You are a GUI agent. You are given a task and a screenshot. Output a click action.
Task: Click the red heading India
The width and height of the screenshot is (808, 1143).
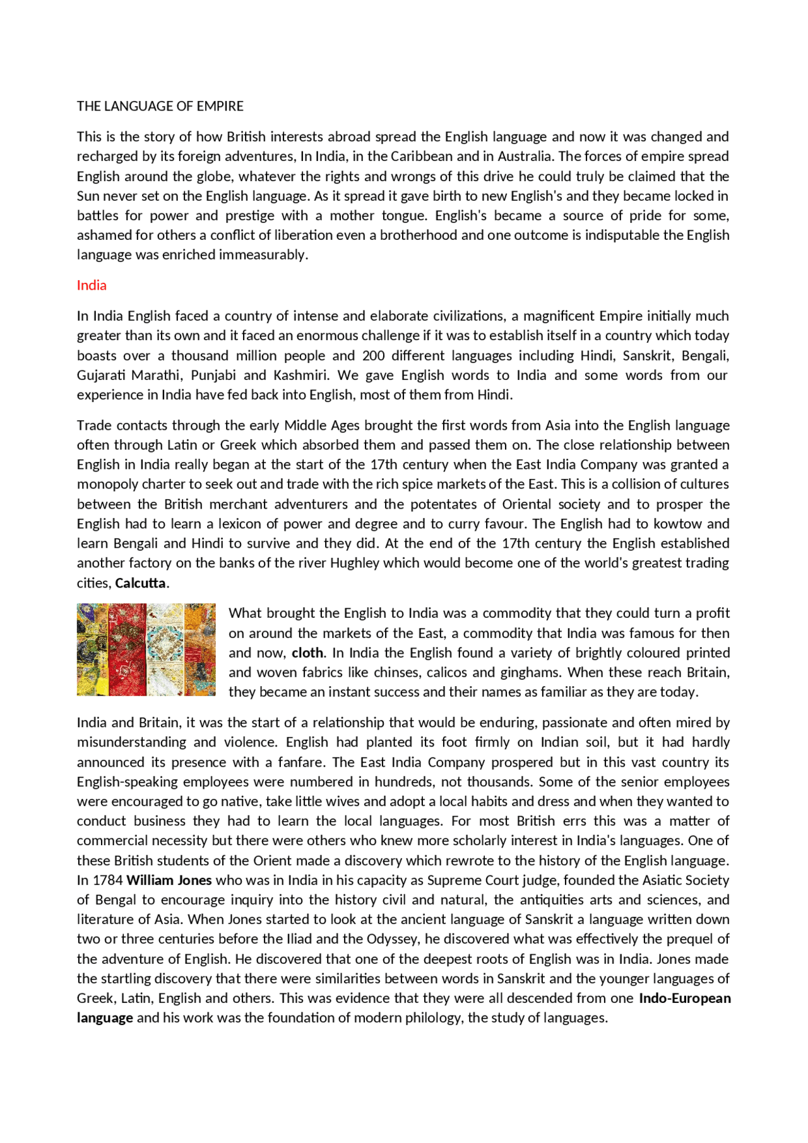(92, 285)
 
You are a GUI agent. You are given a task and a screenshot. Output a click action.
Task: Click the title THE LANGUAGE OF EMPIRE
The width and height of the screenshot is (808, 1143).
(160, 106)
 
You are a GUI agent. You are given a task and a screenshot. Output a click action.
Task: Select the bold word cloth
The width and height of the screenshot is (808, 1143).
(307, 653)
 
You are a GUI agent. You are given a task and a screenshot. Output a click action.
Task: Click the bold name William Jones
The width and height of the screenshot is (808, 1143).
(169, 880)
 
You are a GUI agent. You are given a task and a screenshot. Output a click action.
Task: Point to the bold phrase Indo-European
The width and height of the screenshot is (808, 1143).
(685, 998)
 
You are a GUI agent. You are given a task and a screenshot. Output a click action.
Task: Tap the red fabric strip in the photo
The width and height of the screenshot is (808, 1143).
(127, 650)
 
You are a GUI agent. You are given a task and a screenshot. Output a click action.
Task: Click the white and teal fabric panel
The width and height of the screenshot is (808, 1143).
(165, 650)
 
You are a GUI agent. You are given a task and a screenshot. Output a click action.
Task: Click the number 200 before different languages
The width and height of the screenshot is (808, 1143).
(373, 355)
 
